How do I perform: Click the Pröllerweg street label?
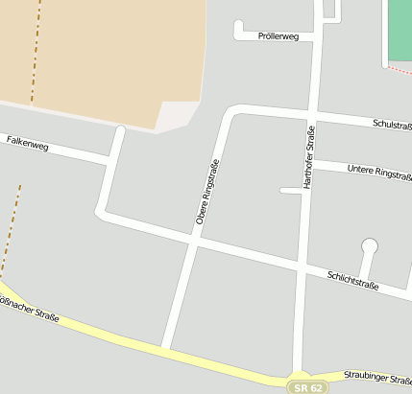click(x=279, y=36)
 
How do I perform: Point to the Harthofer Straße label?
click(x=309, y=157)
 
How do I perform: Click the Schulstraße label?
click(x=392, y=125)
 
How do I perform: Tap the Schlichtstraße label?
click(x=352, y=280)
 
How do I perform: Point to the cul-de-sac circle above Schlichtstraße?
click(x=370, y=246)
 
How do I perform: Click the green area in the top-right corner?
click(x=400, y=29)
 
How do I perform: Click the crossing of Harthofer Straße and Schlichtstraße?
click(x=303, y=265)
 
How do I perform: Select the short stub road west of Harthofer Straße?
click(x=291, y=191)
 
